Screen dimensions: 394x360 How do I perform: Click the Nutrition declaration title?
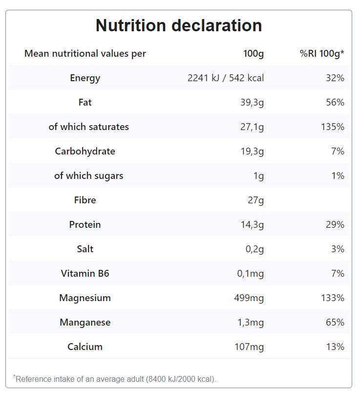pyautogui.click(x=179, y=25)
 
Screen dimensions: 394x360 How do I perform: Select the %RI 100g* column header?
pyautogui.click(x=322, y=54)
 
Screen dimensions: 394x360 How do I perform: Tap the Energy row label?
pyautogui.click(x=85, y=78)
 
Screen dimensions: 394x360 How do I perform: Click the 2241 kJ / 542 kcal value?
pyautogui.click(x=226, y=78)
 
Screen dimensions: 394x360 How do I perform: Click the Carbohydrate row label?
pyautogui.click(x=85, y=151)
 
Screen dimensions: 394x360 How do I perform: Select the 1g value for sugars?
pyautogui.click(x=258, y=175)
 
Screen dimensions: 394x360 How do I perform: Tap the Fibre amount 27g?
pyautogui.click(x=255, y=200)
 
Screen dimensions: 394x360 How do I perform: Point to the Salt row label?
pyautogui.click(x=85, y=249)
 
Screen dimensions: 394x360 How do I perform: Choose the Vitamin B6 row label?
pyautogui.click(x=85, y=273)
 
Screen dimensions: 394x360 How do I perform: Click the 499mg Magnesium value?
pyautogui.click(x=249, y=298)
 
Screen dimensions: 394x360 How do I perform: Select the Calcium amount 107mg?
pyautogui.click(x=249, y=347)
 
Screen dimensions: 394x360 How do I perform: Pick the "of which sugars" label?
pyautogui.click(x=88, y=175)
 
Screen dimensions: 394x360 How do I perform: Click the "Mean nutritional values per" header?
pyautogui.click(x=85, y=54)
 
